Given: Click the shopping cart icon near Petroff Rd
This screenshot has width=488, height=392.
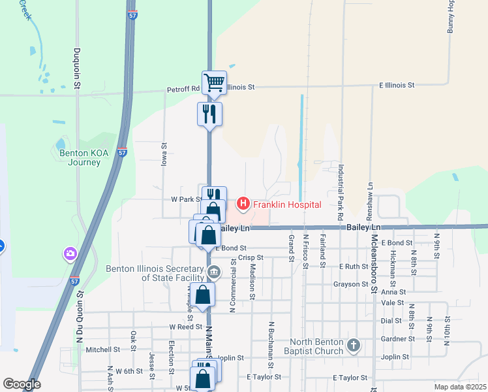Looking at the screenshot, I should pos(214,82).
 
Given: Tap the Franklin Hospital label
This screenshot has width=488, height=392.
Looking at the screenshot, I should pos(287,204).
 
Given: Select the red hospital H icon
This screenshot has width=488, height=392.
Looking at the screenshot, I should pos(243,204).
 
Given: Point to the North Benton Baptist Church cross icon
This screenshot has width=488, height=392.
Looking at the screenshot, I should pos(353,345).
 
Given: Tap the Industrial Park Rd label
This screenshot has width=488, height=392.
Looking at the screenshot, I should pos(341,191).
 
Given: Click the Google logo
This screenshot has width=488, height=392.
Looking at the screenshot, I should pos(22,384).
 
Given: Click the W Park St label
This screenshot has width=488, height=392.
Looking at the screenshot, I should pos(185,199).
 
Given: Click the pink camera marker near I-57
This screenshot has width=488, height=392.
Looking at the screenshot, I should pos(70,252).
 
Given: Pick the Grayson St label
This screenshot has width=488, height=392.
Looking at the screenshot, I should pos(351,284).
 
